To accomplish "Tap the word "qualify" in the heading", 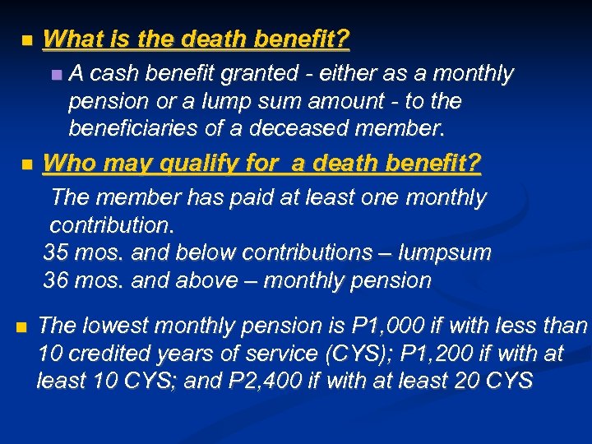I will pos(200,164).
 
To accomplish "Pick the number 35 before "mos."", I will pos(56,252).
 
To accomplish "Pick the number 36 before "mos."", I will pos(56,280).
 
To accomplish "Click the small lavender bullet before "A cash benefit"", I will pos(55,75).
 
